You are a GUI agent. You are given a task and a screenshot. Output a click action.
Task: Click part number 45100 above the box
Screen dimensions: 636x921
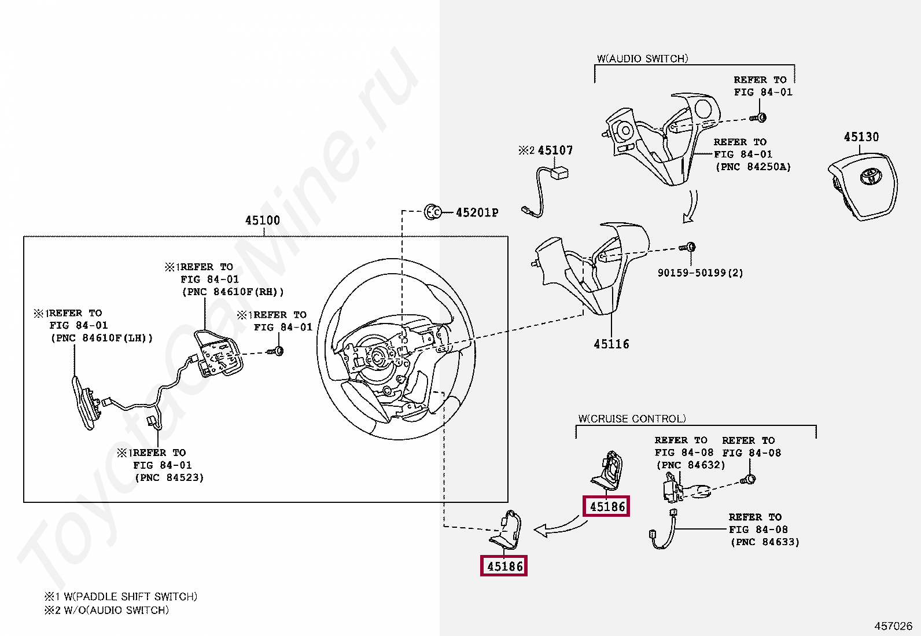[x=262, y=220]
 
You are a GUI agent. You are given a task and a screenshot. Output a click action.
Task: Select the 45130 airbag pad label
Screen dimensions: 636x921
[x=861, y=137]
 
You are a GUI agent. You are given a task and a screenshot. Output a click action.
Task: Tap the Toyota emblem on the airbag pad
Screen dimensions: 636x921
[x=870, y=175]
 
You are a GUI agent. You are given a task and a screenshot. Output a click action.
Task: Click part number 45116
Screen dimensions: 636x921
[x=611, y=344]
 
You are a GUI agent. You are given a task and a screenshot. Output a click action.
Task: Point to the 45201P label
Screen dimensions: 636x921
[x=477, y=212]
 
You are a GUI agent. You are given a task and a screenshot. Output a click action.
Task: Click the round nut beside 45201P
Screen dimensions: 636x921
[x=432, y=212]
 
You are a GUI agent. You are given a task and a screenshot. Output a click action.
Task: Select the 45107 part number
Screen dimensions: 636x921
[x=555, y=150]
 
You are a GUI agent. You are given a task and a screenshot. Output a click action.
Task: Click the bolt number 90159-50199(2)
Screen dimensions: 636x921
[x=700, y=273]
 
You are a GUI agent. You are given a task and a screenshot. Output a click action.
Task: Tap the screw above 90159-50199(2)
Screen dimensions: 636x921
[x=688, y=247]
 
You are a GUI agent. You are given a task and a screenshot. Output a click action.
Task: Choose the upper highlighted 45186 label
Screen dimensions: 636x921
[x=607, y=507]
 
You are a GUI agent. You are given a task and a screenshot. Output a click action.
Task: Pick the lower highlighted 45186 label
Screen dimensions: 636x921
[x=504, y=567]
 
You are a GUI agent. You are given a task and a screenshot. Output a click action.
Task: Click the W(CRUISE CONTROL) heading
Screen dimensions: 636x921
[x=632, y=418]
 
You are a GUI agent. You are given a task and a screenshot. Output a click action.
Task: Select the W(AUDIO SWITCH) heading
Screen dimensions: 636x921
[x=642, y=58]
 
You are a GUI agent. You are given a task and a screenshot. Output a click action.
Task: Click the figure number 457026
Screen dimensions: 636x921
[x=893, y=626]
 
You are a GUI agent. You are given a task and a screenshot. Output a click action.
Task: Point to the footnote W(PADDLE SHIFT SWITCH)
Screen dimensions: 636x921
[x=130, y=596]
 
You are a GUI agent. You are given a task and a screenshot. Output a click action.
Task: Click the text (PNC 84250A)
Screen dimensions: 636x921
[x=753, y=167]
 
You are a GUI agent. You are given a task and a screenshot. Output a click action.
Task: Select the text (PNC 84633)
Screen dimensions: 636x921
[x=765, y=542]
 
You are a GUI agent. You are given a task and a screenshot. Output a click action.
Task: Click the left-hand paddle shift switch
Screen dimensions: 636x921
[x=84, y=402]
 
